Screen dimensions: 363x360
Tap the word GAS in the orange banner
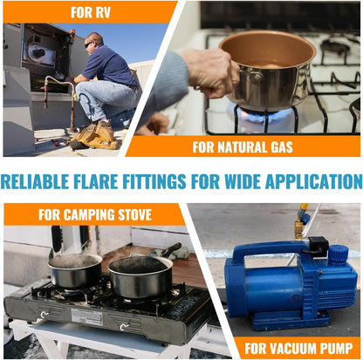pyautogui.click(x=282, y=147)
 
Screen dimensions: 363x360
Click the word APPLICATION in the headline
pyautogui.click(x=313, y=181)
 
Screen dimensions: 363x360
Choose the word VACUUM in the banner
pyautogui.click(x=280, y=349)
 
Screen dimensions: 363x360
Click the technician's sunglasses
pyautogui.click(x=89, y=44)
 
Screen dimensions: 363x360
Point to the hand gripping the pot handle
pyautogui.click(x=211, y=72)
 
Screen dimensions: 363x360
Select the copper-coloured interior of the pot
pyautogui.click(x=267, y=50)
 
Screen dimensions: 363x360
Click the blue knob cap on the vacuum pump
pyautogui.click(x=339, y=254)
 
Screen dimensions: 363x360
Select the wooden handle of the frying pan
pyautogui.click(x=170, y=249)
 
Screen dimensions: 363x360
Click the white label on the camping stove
pyautogui.click(x=87, y=316)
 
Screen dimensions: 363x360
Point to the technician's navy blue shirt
pyautogui.click(x=108, y=65)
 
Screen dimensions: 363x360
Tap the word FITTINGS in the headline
pyautogui.click(x=154, y=181)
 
